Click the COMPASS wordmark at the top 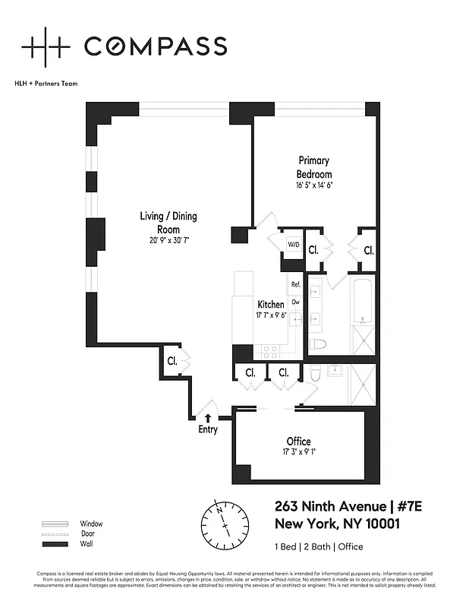[155, 46]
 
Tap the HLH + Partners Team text [46, 83]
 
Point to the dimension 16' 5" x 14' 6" [313, 185]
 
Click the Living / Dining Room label [168, 222]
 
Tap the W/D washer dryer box [293, 245]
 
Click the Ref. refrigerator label [296, 284]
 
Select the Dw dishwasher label [296, 302]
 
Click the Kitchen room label [269, 305]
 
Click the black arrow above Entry [208, 417]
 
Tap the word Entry [208, 429]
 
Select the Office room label [298, 442]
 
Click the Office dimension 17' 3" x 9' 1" [298, 454]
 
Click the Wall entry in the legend [87, 544]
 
